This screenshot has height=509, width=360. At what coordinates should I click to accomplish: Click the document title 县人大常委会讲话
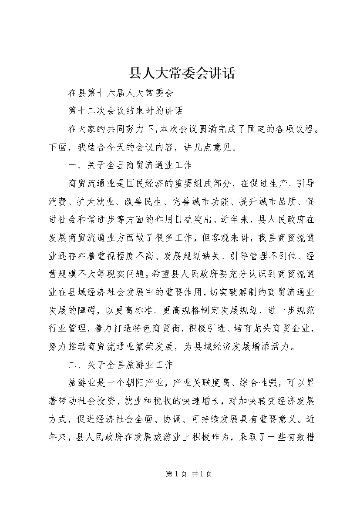180,73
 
